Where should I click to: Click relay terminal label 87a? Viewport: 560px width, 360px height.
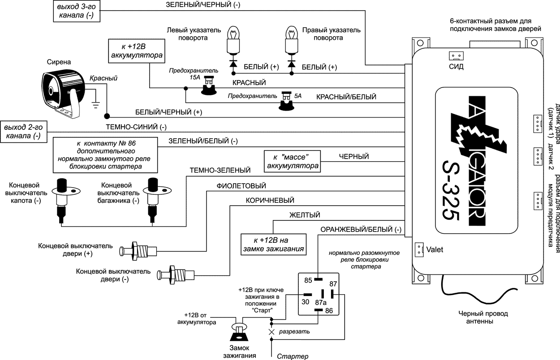pyautogui.click(x=321, y=303)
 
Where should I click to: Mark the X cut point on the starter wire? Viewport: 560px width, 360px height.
pyautogui.click(x=271, y=332)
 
